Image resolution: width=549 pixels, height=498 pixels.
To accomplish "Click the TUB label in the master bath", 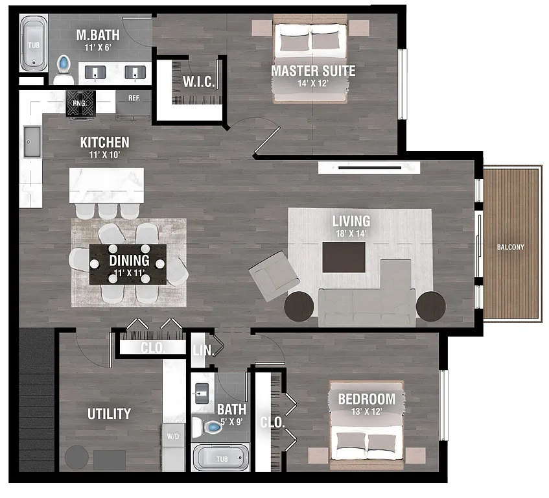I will pos(32,45).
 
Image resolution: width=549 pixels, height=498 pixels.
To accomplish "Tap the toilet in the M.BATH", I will pos(64,67).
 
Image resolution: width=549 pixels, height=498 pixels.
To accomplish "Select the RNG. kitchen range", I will pos(80,102).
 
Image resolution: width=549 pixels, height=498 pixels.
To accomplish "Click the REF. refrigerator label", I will pos(134,99).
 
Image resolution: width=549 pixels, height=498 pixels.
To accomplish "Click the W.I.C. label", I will pos(194,82).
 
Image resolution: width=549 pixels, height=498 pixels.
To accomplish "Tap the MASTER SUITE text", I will pos(313,71).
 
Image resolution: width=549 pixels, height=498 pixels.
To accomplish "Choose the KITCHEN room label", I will pos(104,142).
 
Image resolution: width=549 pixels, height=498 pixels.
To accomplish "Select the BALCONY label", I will pos(511,246).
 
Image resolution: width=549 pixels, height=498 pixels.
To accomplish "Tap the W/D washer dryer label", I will pos(173,436).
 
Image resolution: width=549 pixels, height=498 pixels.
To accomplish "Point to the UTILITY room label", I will pos(109,414).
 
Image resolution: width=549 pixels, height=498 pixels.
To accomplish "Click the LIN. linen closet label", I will pos(200,351).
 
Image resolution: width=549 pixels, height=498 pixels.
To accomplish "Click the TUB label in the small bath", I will pos(222,459).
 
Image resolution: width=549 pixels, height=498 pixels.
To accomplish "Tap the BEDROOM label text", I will pos(366,399).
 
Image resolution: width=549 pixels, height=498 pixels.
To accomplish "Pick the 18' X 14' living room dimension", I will pos(351,234).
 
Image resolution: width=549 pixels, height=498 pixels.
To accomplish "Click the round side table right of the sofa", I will pos(430,306).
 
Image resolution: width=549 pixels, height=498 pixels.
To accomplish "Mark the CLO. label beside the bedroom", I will pos(272,422).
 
